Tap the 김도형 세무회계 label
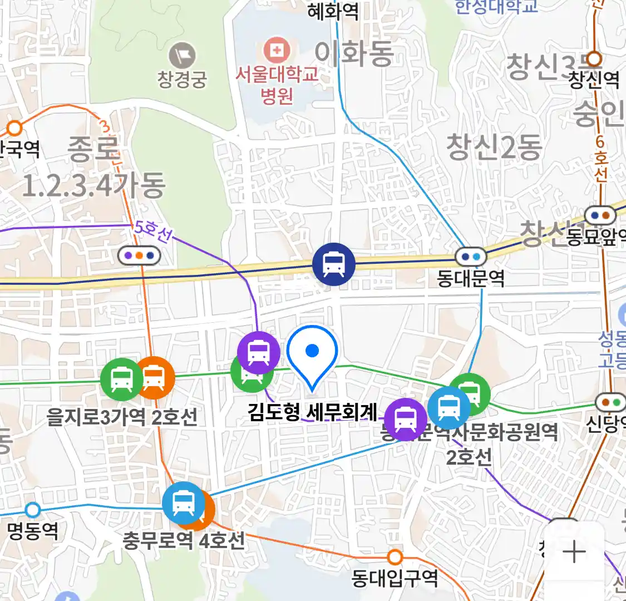tap(313, 412)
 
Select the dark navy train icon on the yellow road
tap(333, 264)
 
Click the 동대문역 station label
tap(470, 278)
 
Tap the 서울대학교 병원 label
tap(277, 85)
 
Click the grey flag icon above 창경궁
tap(183, 56)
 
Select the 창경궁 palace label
tap(182, 79)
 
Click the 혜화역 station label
tap(333, 11)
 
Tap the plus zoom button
tap(574, 553)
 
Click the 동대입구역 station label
tap(395, 579)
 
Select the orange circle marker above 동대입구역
tap(395, 556)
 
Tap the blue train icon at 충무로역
tap(183, 504)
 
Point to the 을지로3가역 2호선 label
tap(122, 417)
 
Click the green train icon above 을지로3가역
tap(121, 379)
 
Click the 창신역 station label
tap(593, 80)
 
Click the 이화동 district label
tap(354, 54)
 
